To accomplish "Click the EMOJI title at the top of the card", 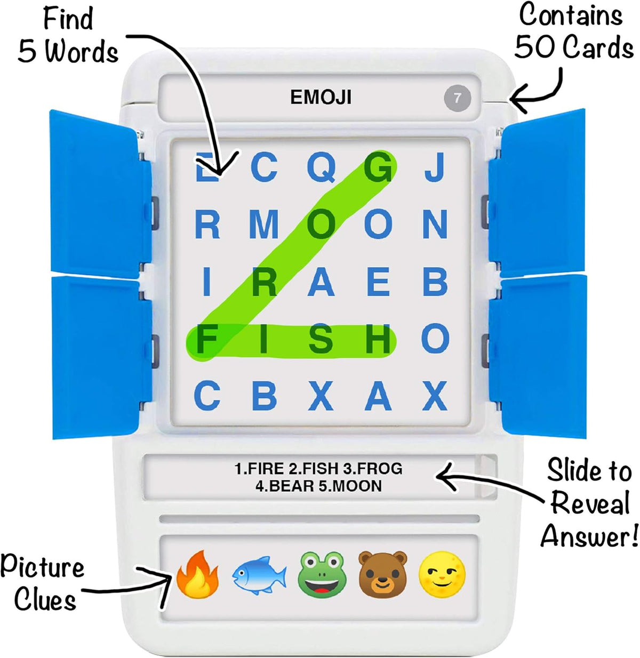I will click(321, 97).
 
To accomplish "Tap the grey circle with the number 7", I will click(457, 98).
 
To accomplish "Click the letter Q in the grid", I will click(322, 167).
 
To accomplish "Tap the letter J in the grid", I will click(435, 167).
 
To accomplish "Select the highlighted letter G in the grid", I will click(378, 167).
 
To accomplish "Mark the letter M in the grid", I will click(264, 224).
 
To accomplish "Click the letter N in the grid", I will click(435, 224).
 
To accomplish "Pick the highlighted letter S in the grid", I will click(321, 339).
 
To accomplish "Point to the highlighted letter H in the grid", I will click(378, 339).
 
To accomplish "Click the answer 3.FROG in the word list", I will click(372, 469).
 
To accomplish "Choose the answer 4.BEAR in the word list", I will click(284, 486).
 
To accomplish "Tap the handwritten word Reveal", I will click(590, 503).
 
